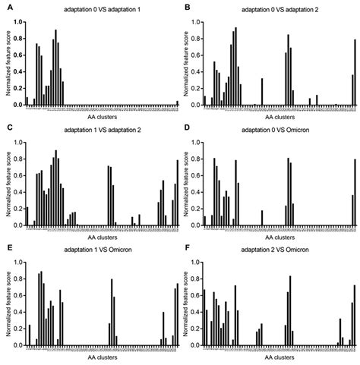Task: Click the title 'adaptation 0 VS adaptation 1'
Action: (x=102, y=6)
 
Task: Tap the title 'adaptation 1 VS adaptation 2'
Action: (x=102, y=127)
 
